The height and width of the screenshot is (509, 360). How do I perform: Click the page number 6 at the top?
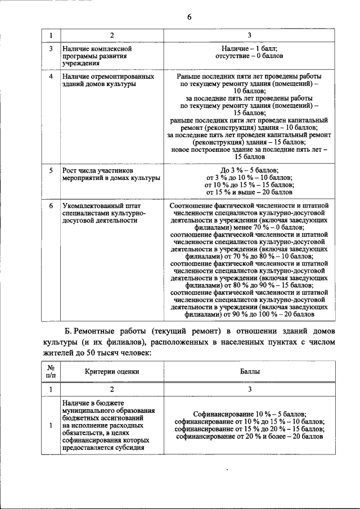(190, 17)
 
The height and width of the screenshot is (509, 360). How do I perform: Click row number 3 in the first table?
(51, 49)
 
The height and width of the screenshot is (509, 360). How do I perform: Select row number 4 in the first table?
(51, 76)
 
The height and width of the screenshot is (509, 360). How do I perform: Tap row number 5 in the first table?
(51, 170)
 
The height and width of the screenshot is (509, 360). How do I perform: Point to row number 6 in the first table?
(51, 206)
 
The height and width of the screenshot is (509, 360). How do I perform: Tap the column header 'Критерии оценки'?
(112, 371)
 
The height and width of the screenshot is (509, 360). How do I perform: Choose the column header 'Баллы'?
(250, 371)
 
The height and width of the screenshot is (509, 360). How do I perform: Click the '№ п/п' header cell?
(50, 371)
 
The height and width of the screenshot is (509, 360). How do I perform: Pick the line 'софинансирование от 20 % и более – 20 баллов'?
(249, 436)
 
